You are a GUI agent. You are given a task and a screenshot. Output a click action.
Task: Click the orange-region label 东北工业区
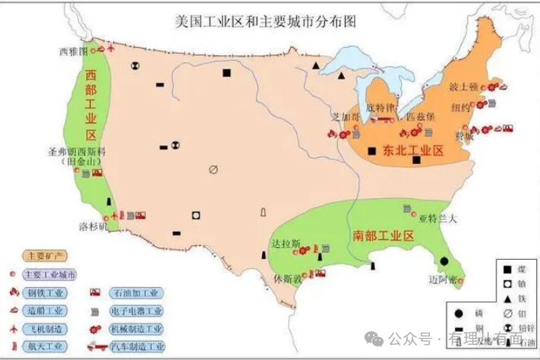(412, 150)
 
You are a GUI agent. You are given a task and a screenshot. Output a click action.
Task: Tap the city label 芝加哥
(345, 118)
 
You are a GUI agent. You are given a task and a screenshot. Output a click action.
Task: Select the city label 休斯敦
(287, 279)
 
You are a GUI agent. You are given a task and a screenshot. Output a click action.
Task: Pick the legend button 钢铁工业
(46, 292)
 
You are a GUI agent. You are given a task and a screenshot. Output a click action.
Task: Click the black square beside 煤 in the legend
(504, 268)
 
